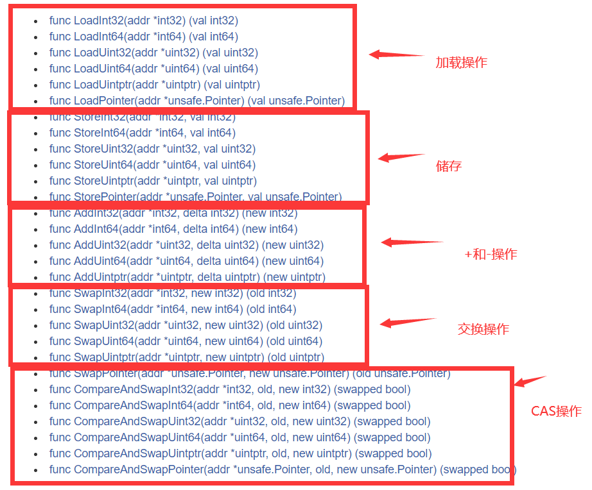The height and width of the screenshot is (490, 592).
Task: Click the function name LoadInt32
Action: (x=98, y=21)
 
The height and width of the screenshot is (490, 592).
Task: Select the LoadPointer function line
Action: (x=196, y=101)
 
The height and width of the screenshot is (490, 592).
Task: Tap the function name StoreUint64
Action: (x=103, y=165)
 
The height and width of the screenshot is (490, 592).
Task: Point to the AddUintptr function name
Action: (x=100, y=277)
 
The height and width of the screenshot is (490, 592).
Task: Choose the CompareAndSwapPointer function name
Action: (x=138, y=469)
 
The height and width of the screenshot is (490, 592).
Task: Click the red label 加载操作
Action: (x=461, y=62)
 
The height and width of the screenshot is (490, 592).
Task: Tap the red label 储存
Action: (x=448, y=166)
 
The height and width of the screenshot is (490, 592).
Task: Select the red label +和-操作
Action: (x=491, y=254)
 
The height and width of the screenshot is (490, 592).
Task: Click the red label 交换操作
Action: (x=483, y=329)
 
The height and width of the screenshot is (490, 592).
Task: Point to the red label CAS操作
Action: (x=556, y=411)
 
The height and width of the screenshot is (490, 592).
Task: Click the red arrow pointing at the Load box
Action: (x=396, y=55)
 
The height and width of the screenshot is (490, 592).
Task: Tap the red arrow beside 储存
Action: (x=401, y=156)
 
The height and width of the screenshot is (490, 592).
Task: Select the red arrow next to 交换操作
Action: (x=407, y=322)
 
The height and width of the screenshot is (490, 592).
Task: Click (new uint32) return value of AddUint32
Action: (x=293, y=245)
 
